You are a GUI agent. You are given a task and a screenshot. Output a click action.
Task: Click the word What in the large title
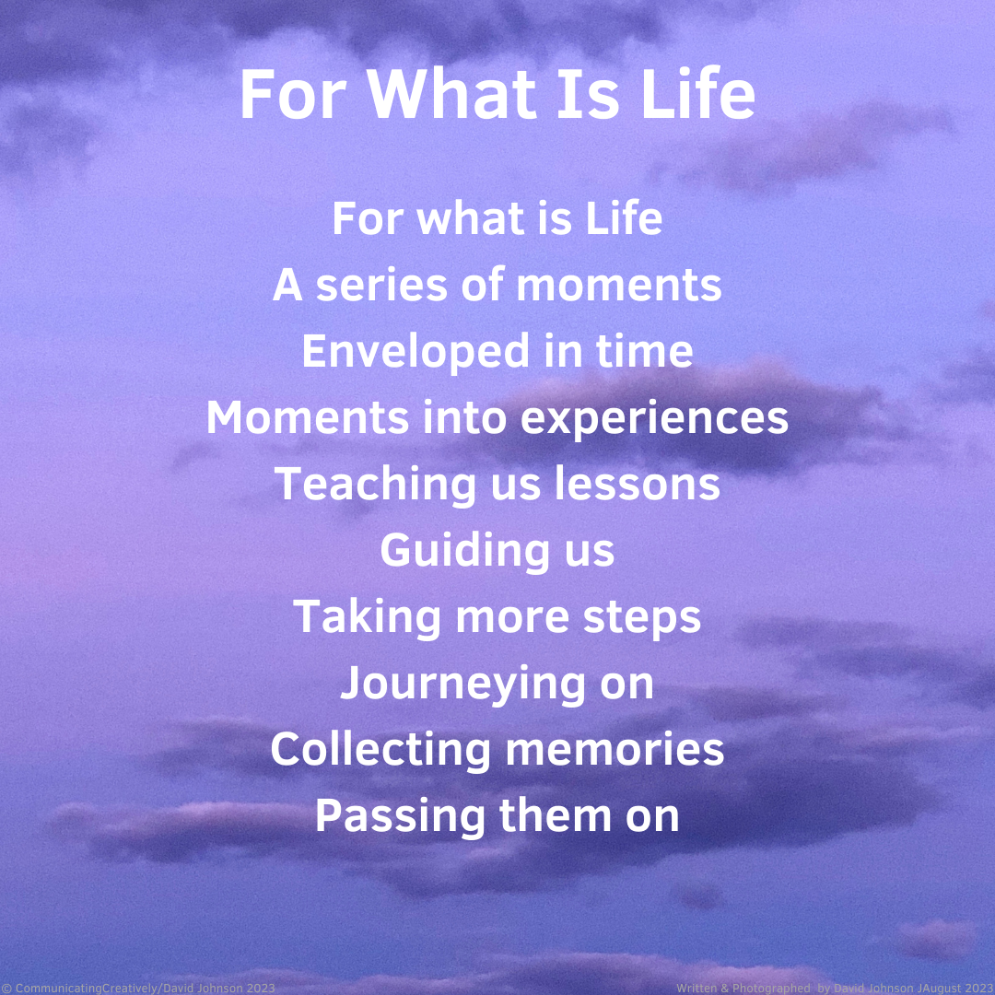tap(451, 93)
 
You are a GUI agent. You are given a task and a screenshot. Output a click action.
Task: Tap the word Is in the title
tap(588, 93)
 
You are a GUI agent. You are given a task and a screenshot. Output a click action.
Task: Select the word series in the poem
tap(381, 285)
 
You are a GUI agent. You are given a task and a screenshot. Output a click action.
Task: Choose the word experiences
tap(654, 419)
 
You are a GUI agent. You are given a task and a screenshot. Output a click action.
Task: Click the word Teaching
tap(375, 486)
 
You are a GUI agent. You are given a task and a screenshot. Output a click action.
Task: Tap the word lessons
tap(638, 484)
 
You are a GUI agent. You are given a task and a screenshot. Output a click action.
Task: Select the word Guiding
tap(465, 552)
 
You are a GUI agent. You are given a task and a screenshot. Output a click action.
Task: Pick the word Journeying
tap(462, 685)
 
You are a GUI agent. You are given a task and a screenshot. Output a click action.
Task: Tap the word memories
tap(615, 749)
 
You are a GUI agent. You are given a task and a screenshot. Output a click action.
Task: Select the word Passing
tap(400, 817)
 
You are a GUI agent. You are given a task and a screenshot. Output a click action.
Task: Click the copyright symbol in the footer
tap(6, 988)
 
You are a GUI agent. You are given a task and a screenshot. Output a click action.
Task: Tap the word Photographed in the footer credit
tap(771, 988)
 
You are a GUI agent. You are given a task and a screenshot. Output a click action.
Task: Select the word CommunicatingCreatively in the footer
tap(87, 988)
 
